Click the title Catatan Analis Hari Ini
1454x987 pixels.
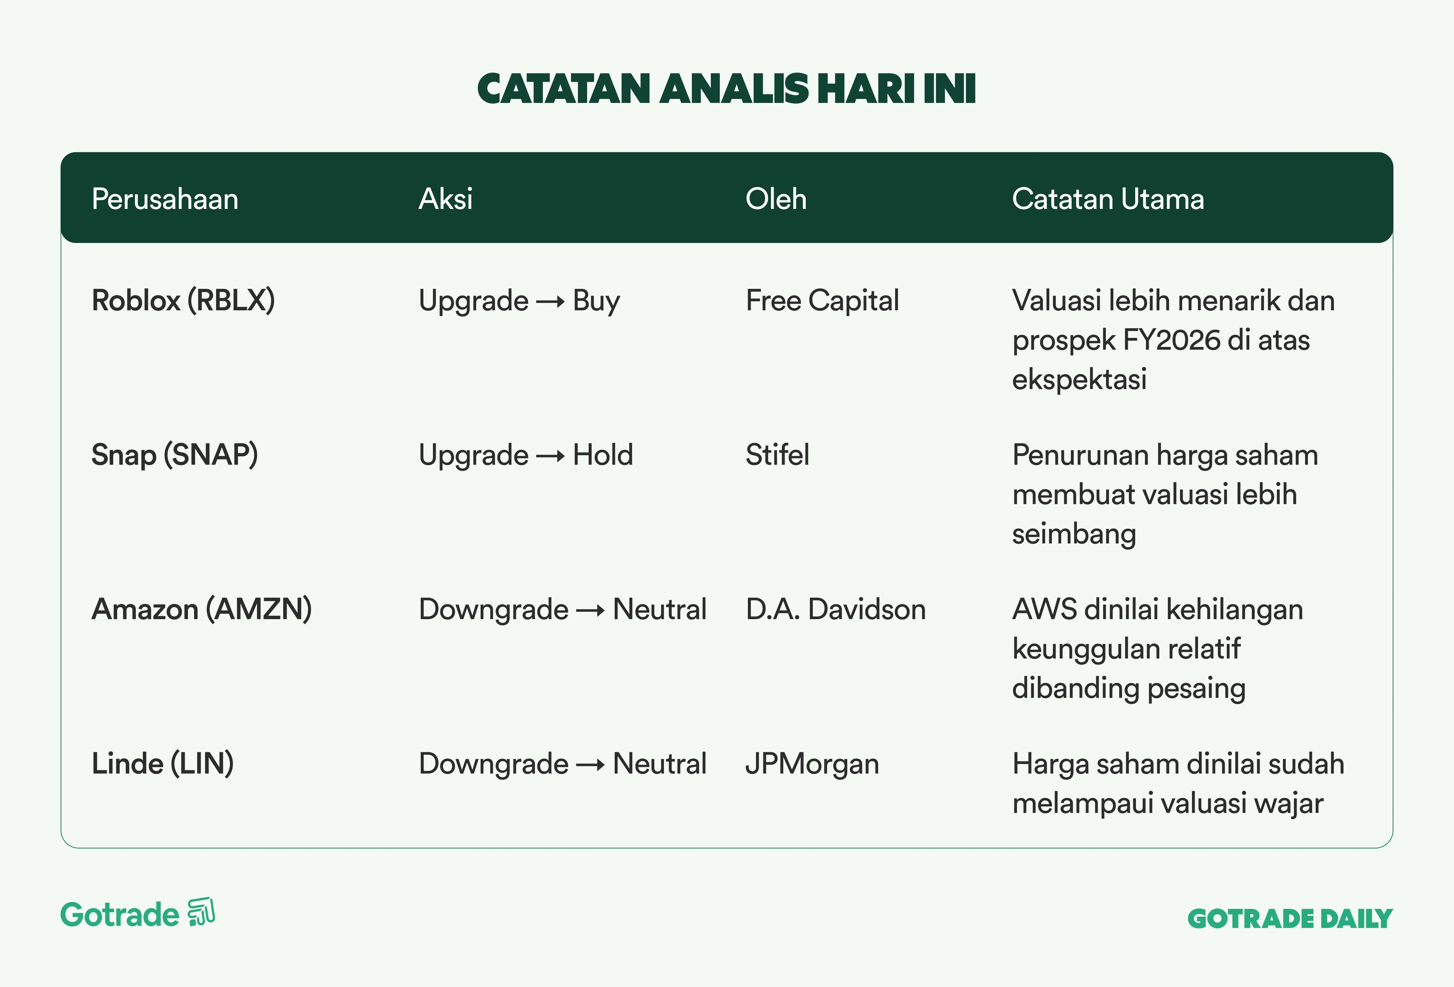pyautogui.click(x=726, y=89)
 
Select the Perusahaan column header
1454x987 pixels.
pyautogui.click(x=165, y=199)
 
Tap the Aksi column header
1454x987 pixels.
pyautogui.click(x=446, y=199)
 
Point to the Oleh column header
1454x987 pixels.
pyautogui.click(x=776, y=199)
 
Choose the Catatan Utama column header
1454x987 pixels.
pyautogui.click(x=1108, y=199)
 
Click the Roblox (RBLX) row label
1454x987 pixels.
pyautogui.click(x=183, y=301)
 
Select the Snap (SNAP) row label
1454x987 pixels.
pyautogui.click(x=174, y=455)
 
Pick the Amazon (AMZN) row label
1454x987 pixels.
pyautogui.click(x=201, y=609)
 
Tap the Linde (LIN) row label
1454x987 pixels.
pyautogui.click(x=163, y=764)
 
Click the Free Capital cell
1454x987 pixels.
pyautogui.click(x=822, y=301)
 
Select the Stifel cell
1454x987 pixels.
pyautogui.click(x=777, y=455)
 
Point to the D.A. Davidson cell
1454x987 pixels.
pyautogui.click(x=835, y=609)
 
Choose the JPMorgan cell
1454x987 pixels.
pyautogui.click(x=812, y=764)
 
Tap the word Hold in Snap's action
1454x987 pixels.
pyautogui.click(x=603, y=455)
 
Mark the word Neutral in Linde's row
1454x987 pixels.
pyautogui.click(x=659, y=764)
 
